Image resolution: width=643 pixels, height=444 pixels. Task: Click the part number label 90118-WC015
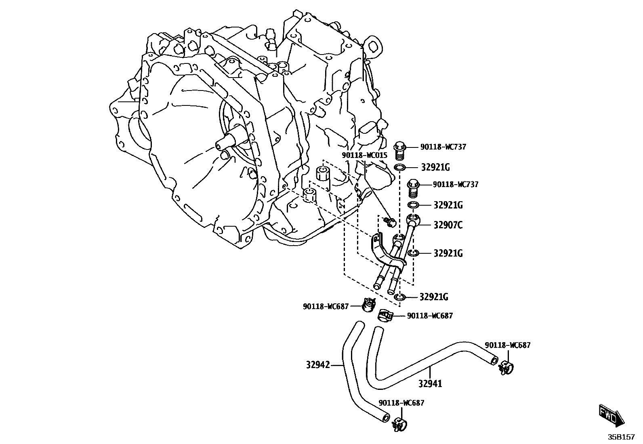365,155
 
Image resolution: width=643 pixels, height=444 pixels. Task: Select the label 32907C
448,225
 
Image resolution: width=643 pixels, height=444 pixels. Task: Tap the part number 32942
318,365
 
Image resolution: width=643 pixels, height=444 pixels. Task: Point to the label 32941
430,383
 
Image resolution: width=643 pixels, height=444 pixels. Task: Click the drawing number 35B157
622,437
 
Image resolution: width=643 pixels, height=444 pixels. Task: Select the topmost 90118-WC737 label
443,147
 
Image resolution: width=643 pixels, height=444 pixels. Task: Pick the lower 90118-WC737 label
456,185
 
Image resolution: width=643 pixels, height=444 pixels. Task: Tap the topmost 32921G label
435,167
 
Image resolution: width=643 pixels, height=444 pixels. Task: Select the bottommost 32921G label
434,297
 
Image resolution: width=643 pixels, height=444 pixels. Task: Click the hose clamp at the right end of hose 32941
506,368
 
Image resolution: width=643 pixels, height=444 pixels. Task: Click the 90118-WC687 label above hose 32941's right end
507,345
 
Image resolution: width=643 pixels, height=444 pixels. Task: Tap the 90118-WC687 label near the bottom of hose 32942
401,403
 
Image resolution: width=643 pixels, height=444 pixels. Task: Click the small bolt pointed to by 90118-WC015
390,221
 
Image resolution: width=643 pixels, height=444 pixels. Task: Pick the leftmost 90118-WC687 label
326,307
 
